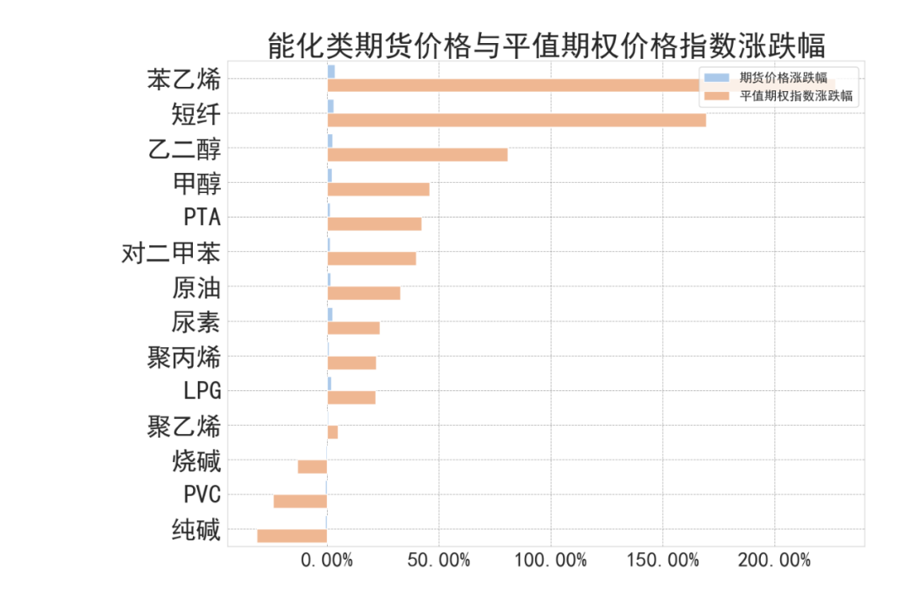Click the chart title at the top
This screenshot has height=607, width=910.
click(545, 45)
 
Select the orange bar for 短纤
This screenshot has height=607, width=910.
click(517, 120)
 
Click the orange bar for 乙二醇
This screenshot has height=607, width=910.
click(417, 154)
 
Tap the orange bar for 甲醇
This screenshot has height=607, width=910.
click(378, 189)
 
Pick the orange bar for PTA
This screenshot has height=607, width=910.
click(374, 223)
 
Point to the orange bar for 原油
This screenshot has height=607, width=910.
click(363, 293)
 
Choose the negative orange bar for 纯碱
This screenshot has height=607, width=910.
click(292, 535)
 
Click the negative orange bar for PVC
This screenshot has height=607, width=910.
click(300, 501)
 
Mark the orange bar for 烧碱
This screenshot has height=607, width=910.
click(312, 466)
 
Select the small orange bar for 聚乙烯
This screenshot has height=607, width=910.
click(333, 432)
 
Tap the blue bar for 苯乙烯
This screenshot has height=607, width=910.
click(331, 72)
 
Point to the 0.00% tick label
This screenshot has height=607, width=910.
click(326, 560)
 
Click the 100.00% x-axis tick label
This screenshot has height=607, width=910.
click(550, 560)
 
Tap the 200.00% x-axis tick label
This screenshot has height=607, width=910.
click(774, 560)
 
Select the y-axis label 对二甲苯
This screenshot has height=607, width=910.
click(171, 253)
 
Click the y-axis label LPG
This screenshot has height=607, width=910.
click(202, 391)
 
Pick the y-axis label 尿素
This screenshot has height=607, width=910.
click(195, 322)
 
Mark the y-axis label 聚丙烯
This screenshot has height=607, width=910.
click(184, 357)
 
